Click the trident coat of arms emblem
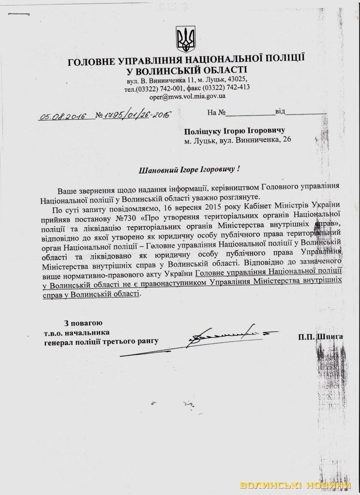pos(186,39)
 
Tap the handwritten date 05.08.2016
pos(63,116)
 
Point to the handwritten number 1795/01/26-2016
pos(134,116)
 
